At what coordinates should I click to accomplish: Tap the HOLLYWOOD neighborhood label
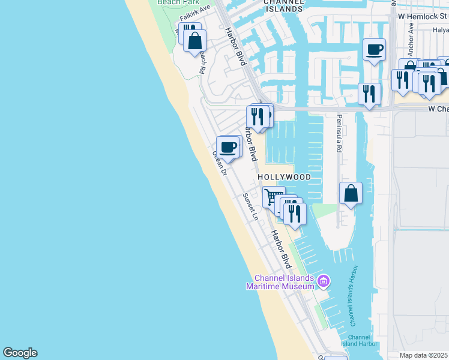point(285,178)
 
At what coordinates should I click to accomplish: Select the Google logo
point(20,353)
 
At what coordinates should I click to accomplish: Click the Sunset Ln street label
point(250,206)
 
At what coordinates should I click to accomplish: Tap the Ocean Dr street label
point(219,163)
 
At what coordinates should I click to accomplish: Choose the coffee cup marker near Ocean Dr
point(228,147)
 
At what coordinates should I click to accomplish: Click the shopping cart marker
point(273,196)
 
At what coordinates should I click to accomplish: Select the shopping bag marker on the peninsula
point(351,194)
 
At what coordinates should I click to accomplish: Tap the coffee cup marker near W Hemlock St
point(375,50)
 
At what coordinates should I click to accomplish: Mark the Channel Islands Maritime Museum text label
point(283,282)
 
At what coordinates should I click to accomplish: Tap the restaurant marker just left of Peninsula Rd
point(369,94)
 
